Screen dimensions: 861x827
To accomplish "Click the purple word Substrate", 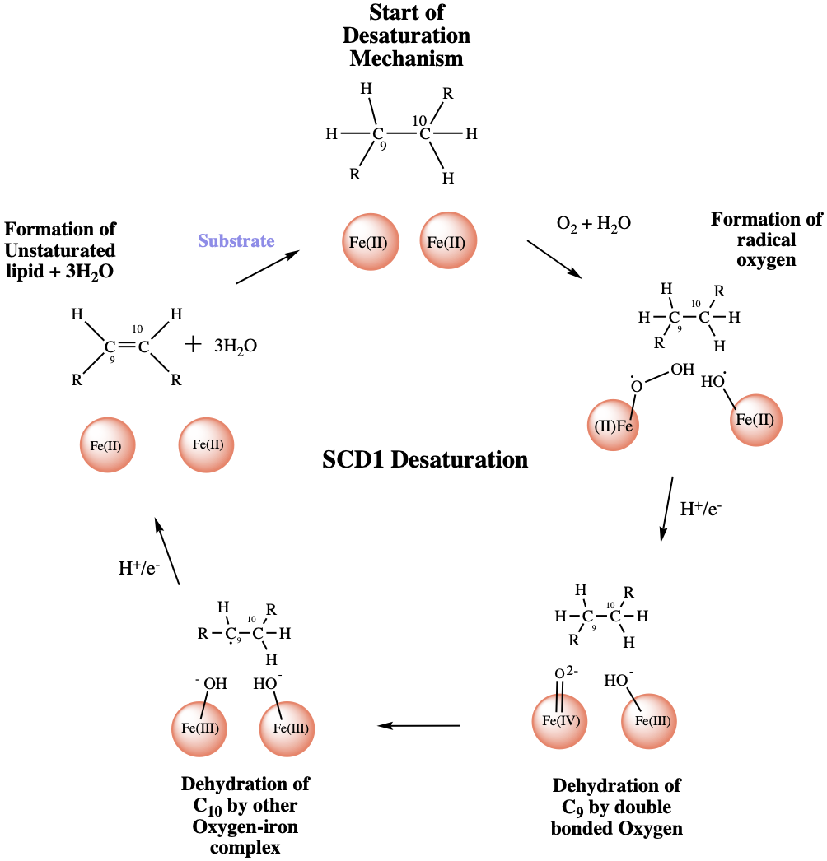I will click(235, 241).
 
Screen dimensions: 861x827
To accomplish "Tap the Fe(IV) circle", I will click(561, 721).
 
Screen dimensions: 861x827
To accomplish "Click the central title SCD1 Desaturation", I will click(425, 459).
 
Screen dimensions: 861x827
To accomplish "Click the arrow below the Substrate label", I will click(267, 268).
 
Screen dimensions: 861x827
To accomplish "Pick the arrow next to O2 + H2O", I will click(555, 259).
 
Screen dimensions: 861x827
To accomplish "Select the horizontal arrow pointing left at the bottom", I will click(418, 726).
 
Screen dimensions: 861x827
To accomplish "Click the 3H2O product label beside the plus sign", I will click(236, 346).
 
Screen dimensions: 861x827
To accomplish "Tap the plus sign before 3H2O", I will click(192, 344).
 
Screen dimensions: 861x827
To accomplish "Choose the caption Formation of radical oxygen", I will click(766, 240).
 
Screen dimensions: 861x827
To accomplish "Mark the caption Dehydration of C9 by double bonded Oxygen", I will click(617, 807).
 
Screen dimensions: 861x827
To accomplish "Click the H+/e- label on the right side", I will click(701, 509).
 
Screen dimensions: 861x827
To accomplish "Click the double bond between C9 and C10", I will click(126, 347).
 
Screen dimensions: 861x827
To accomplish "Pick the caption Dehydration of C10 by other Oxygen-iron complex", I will click(245, 815).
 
